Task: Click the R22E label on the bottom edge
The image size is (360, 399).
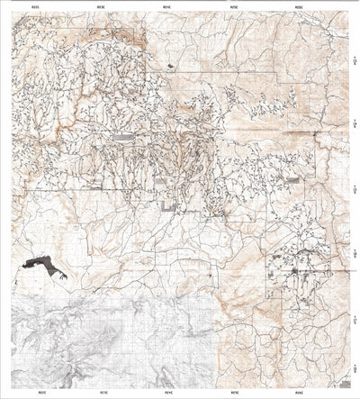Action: (x=35, y=394)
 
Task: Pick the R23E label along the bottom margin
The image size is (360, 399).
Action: (x=101, y=394)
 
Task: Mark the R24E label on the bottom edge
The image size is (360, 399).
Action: (x=167, y=394)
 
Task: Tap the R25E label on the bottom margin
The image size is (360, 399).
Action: (x=234, y=394)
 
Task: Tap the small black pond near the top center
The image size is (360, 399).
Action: (x=169, y=66)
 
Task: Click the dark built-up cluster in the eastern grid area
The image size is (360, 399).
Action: (x=296, y=269)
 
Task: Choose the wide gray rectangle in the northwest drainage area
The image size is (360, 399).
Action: (x=122, y=137)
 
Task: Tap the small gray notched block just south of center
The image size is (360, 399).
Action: (x=167, y=207)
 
